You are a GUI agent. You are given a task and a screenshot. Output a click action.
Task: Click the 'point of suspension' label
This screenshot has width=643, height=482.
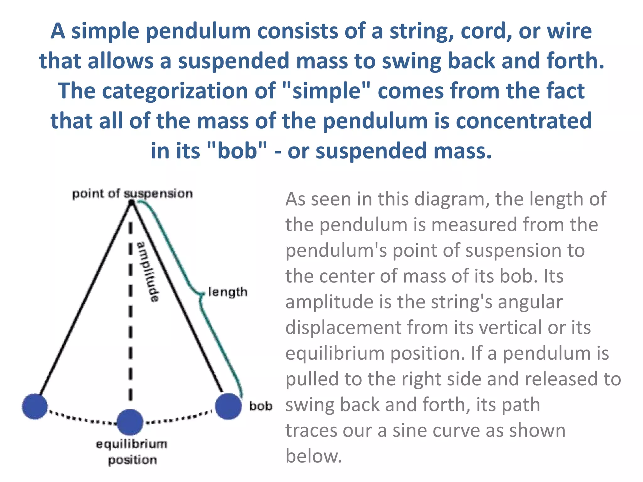132,194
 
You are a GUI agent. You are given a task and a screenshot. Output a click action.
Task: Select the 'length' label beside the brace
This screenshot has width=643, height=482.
228,292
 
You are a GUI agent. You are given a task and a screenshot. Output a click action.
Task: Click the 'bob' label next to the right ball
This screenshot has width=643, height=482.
260,406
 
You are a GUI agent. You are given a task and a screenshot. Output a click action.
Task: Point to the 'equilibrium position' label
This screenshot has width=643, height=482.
132,452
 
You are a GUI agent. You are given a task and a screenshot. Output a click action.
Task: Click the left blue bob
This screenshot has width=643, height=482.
35,406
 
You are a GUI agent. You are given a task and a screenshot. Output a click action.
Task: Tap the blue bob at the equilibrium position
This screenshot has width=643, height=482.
130,422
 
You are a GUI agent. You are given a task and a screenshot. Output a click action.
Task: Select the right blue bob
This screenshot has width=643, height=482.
229,406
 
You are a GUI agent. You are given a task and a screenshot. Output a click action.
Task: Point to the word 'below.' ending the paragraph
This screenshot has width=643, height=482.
313,456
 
